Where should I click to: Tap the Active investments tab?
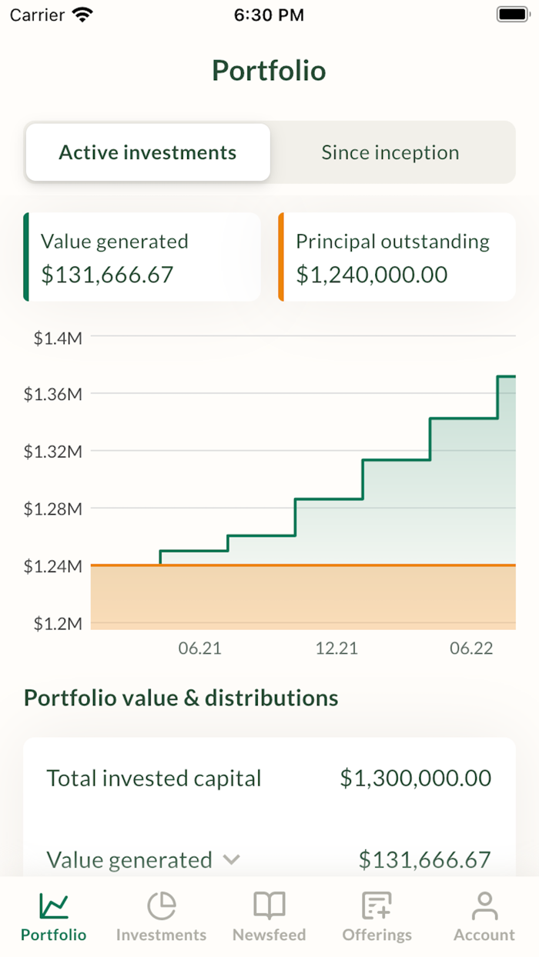pos(148,152)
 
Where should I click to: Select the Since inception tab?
pos(390,152)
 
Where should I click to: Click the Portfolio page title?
pos(269,71)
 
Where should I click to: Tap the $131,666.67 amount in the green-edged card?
pos(107,275)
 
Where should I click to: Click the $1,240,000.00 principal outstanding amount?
pos(372,275)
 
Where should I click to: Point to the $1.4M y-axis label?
pos(58,337)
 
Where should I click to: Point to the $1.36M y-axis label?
pos(52,394)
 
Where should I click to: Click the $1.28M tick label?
pos(52,509)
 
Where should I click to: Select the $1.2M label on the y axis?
pos(58,623)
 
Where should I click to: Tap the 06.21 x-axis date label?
pos(200,648)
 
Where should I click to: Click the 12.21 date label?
pos(336,648)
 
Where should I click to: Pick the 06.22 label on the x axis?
pos(471,648)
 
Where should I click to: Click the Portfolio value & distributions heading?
pos(181,698)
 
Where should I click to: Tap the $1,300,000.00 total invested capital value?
pos(416,778)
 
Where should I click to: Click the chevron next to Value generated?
pos(231,859)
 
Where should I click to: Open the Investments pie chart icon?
pos(162,905)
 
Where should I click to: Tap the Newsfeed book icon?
pos(269,905)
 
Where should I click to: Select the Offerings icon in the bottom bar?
pos(377,905)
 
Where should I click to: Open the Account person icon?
pos(484,905)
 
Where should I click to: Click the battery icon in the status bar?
pos(512,15)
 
